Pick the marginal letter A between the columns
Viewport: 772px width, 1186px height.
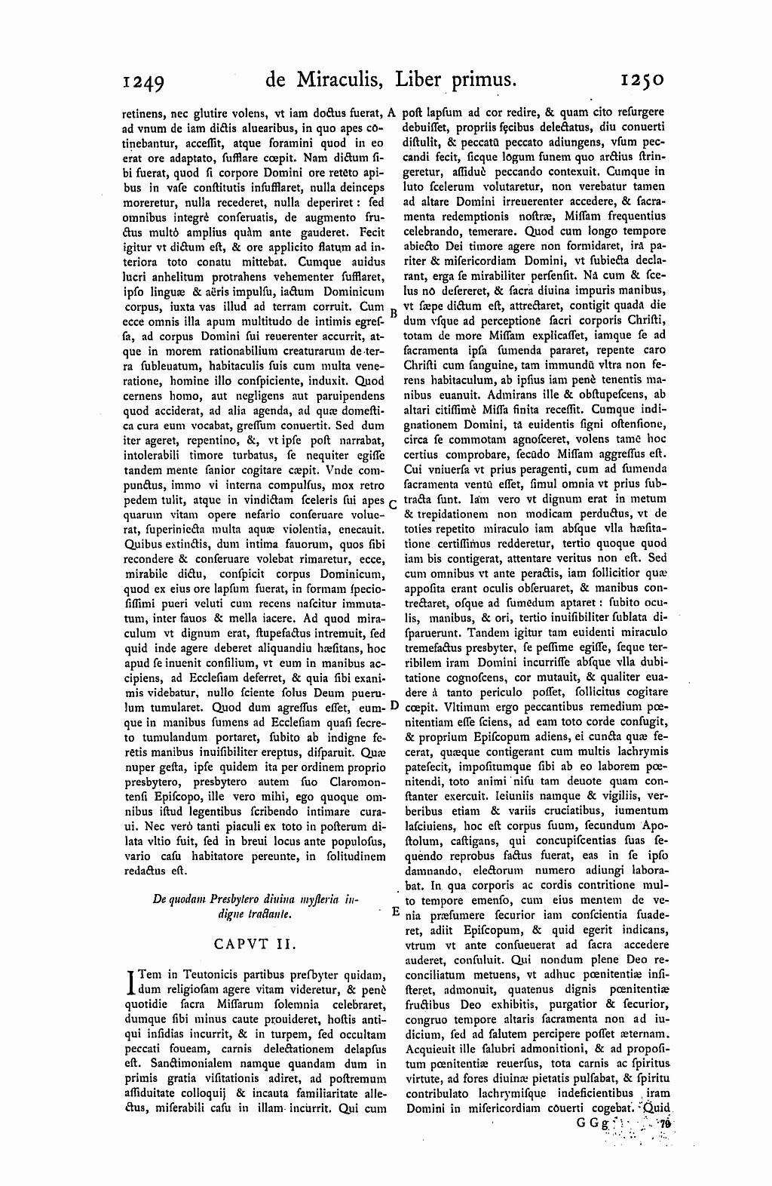[x=393, y=113]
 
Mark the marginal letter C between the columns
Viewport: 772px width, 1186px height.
[x=393, y=503]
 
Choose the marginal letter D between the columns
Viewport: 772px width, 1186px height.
[x=393, y=706]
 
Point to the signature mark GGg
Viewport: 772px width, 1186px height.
[x=588, y=1123]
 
